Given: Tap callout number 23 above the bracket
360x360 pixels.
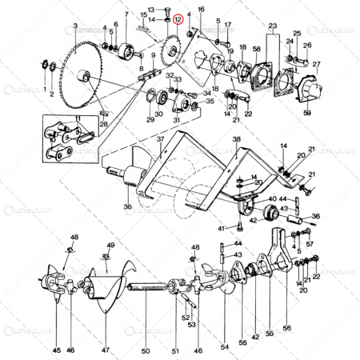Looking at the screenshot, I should pos(273,26).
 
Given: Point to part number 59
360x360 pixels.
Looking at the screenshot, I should pos(307,114).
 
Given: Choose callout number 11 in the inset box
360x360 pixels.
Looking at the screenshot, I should pos(78,119).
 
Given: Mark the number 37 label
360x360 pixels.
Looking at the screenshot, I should pos(160,138).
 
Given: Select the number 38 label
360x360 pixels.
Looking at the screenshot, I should pos(236,138).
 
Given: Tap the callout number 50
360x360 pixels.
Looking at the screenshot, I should pos(145,350).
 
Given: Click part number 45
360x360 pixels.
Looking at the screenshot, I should pos(56,350).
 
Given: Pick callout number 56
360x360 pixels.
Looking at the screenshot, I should pos(286,327).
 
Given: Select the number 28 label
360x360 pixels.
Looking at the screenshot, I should pos(103,124).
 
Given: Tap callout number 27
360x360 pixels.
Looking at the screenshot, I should pos(317,65).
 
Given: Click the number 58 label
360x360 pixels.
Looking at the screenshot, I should pos(256,50).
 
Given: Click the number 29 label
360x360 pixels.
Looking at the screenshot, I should pos(150,120).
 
